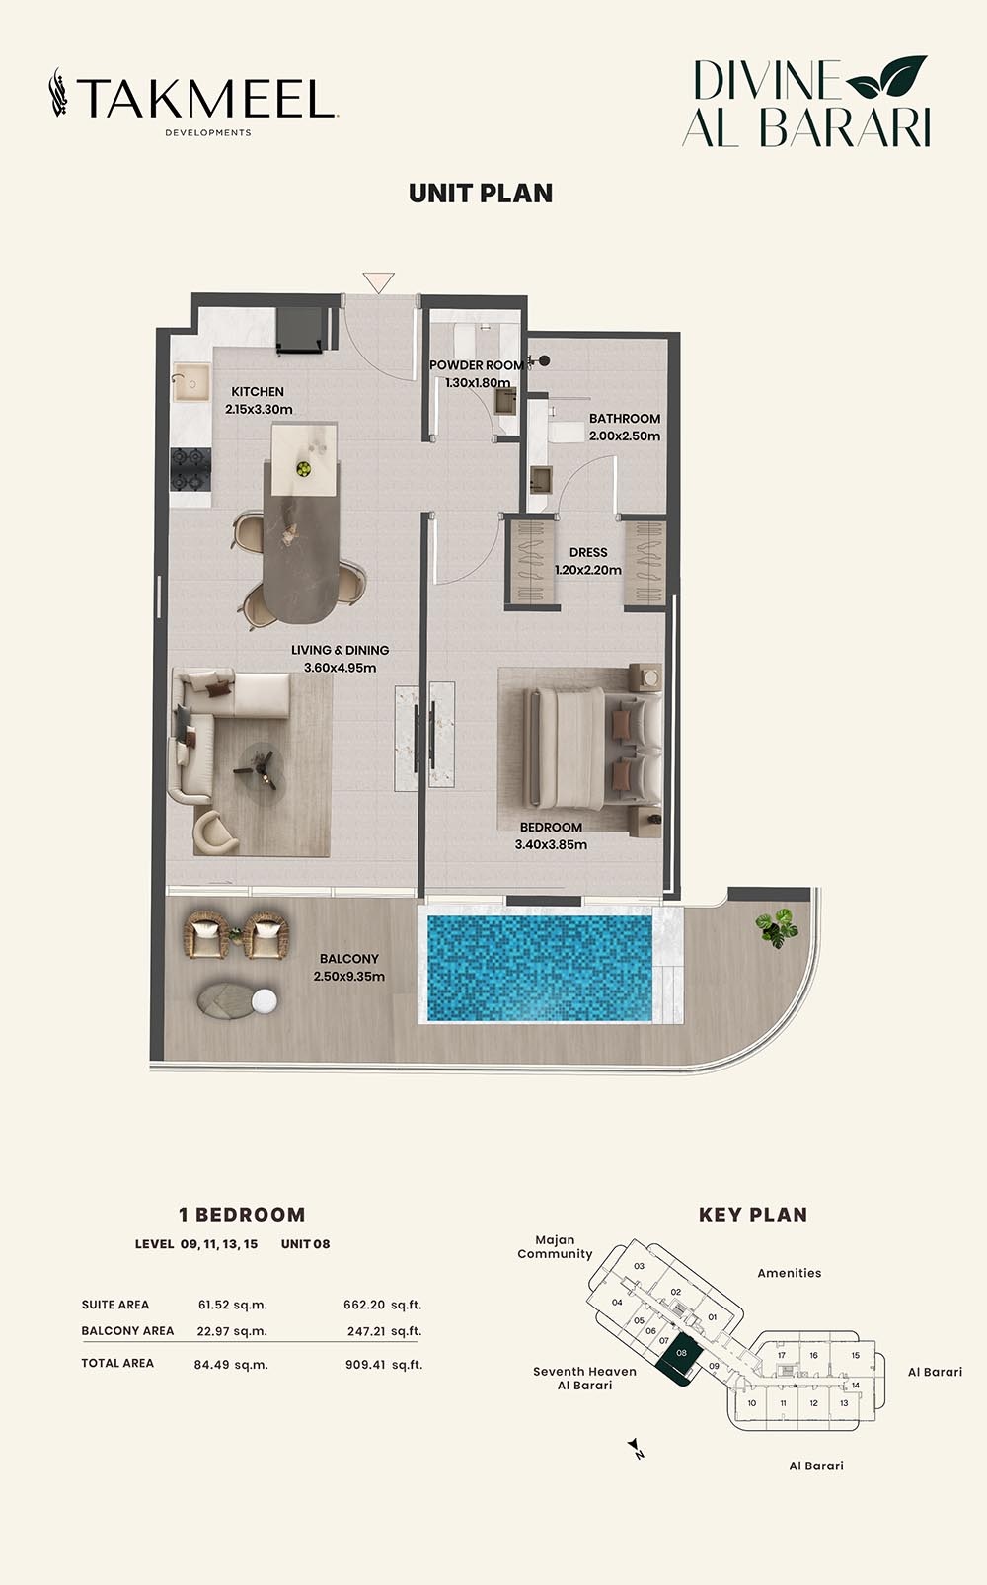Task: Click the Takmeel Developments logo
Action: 193,101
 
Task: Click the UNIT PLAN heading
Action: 481,193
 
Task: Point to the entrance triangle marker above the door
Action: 378,282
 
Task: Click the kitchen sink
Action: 190,383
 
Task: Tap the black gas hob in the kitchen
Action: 190,469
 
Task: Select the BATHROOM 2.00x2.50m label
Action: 625,427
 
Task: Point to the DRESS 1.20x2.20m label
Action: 588,561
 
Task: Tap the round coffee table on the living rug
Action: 259,767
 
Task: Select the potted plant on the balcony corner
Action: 777,927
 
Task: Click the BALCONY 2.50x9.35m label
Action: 349,967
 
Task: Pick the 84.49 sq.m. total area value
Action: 231,1364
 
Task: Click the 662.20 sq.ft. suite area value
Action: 382,1305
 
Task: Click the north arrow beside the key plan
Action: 638,1449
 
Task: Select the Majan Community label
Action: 555,1247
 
